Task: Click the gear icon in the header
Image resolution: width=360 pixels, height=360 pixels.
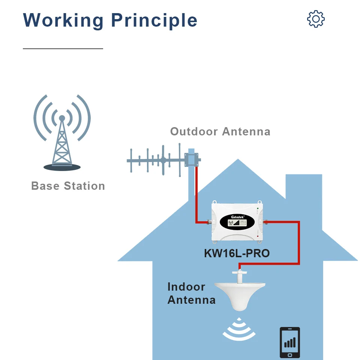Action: [x=316, y=19]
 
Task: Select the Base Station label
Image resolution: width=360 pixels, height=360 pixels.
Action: [x=68, y=186]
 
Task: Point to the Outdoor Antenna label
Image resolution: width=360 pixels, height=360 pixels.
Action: [x=220, y=132]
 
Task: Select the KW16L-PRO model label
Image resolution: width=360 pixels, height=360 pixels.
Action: [x=237, y=253]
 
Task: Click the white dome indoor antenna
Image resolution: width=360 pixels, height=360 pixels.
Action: [x=239, y=296]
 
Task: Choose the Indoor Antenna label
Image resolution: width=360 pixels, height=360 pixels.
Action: [x=191, y=293]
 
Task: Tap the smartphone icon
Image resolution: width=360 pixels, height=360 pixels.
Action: [x=290, y=342]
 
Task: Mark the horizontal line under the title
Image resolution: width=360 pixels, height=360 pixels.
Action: [x=63, y=49]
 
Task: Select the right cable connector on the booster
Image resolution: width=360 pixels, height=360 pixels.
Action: [x=265, y=222]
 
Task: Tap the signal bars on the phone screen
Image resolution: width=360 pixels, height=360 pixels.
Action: [x=290, y=342]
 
